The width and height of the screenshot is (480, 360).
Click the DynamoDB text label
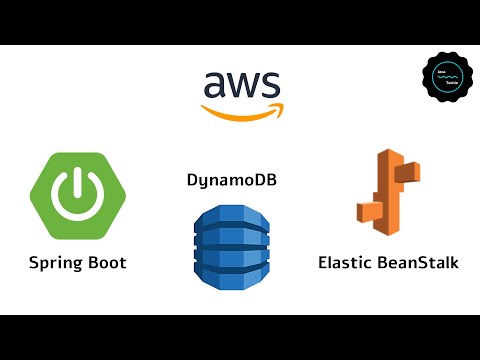click(x=231, y=181)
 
